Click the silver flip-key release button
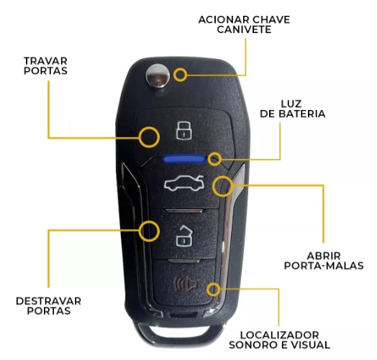[x=158, y=76]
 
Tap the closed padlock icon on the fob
[x=184, y=131]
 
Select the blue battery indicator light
[x=184, y=159]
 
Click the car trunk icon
[x=184, y=183]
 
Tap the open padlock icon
[x=185, y=236]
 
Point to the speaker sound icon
[x=186, y=285]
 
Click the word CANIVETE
[x=244, y=29]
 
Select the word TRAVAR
[x=45, y=61]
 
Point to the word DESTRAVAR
[x=49, y=301]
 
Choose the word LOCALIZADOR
[x=280, y=335]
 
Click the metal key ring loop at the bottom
[x=180, y=340]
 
